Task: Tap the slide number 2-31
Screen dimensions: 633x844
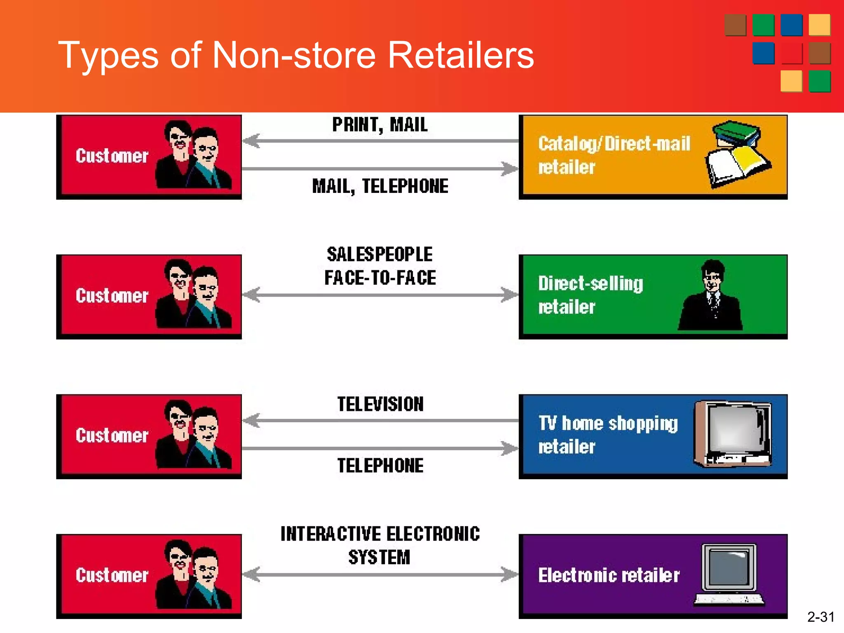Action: (x=821, y=617)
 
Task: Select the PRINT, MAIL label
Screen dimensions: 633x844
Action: (x=380, y=125)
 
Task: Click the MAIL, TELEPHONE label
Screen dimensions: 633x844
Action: (x=380, y=186)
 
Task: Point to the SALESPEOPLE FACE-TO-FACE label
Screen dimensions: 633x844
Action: (x=380, y=266)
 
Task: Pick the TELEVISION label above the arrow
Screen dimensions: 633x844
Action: (x=380, y=404)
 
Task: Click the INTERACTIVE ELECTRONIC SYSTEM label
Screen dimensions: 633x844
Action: (x=380, y=545)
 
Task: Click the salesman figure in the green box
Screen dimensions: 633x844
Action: (x=710, y=297)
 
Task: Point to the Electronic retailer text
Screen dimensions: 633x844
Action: (x=608, y=575)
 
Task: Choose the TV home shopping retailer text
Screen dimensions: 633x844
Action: (x=607, y=435)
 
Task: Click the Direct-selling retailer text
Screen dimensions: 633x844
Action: (x=590, y=295)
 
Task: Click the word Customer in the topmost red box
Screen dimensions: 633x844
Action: (x=112, y=156)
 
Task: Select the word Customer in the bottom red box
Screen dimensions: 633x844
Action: (x=112, y=575)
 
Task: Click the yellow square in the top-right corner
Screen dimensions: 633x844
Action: (x=819, y=25)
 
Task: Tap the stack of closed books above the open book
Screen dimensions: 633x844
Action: (x=737, y=133)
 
